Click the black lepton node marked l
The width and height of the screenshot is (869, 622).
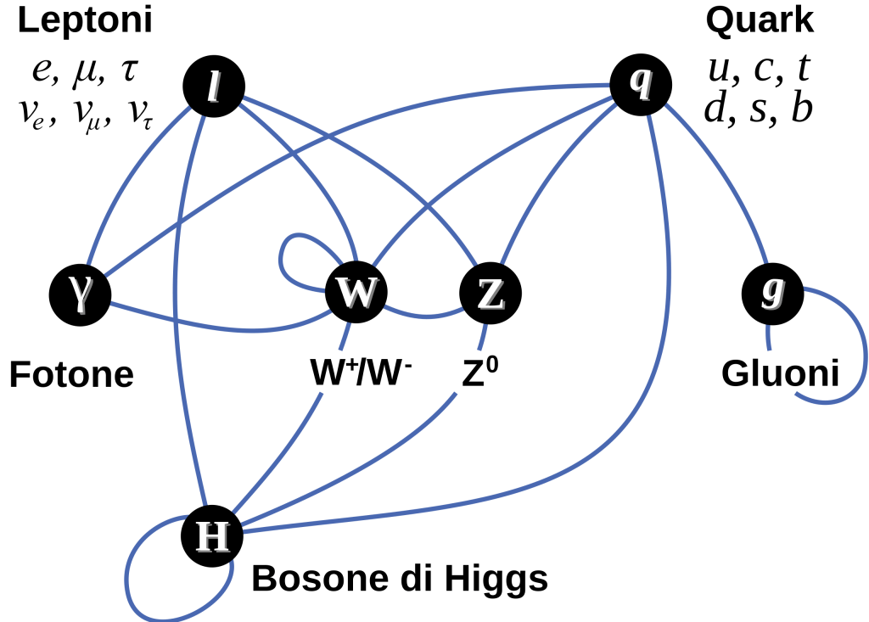213,87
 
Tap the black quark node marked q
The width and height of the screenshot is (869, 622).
641,84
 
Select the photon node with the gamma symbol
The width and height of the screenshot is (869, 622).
80,294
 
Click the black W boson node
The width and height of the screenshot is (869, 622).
356,292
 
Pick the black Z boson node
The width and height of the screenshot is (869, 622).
491,293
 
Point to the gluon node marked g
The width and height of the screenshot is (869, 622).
772,294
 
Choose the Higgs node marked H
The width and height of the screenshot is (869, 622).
212,535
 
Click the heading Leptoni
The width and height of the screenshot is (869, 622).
85,20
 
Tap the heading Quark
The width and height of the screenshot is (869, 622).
760,20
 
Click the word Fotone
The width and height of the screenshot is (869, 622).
71,374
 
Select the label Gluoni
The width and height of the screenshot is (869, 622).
780,373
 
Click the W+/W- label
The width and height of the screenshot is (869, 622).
361,372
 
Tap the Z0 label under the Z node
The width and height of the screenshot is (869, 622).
480,372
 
